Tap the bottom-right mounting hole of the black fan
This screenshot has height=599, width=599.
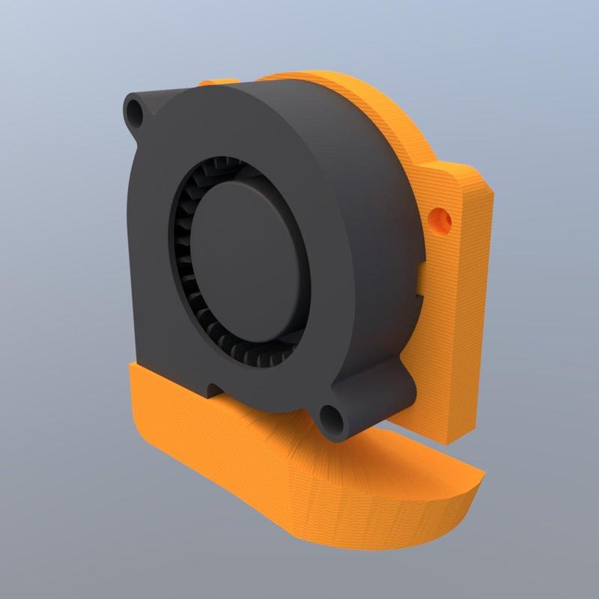330,416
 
